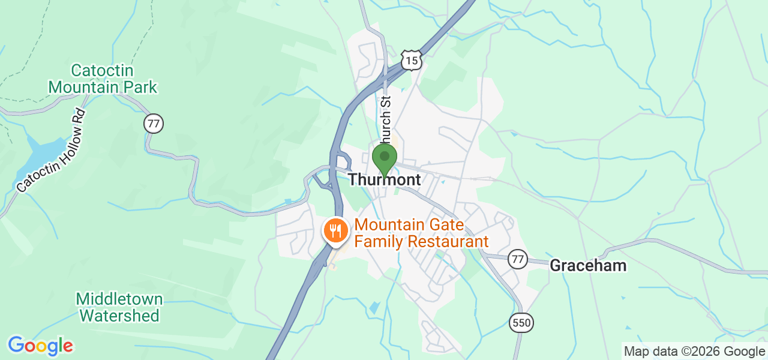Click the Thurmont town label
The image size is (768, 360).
coord(384,179)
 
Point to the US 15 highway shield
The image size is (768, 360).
coord(412,61)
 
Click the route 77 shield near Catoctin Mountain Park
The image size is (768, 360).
coord(154,124)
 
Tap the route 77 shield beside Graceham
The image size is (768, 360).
coord(518,259)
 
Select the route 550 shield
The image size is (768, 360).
coord(521,323)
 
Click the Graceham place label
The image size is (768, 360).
coord(588,265)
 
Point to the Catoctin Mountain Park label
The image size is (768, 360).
coord(103,79)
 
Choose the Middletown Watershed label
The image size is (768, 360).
coord(119,307)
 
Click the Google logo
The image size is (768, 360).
coord(40,346)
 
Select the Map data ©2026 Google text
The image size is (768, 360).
coord(694,352)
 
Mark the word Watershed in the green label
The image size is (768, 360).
coord(119,315)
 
